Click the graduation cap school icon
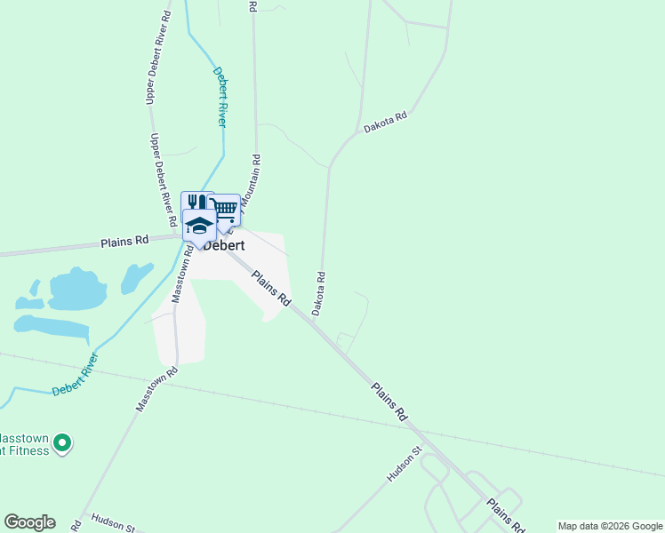coord(199,224)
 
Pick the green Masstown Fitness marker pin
coord(61,442)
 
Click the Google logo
coord(29,522)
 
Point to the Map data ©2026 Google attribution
coord(610,526)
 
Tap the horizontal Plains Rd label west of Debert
coord(124,241)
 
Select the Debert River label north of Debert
coord(220,96)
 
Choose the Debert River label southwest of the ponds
coord(76,377)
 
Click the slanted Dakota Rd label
coord(385,123)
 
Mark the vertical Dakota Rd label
coord(318,293)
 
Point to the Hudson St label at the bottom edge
coord(112,523)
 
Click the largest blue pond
coord(77,290)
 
